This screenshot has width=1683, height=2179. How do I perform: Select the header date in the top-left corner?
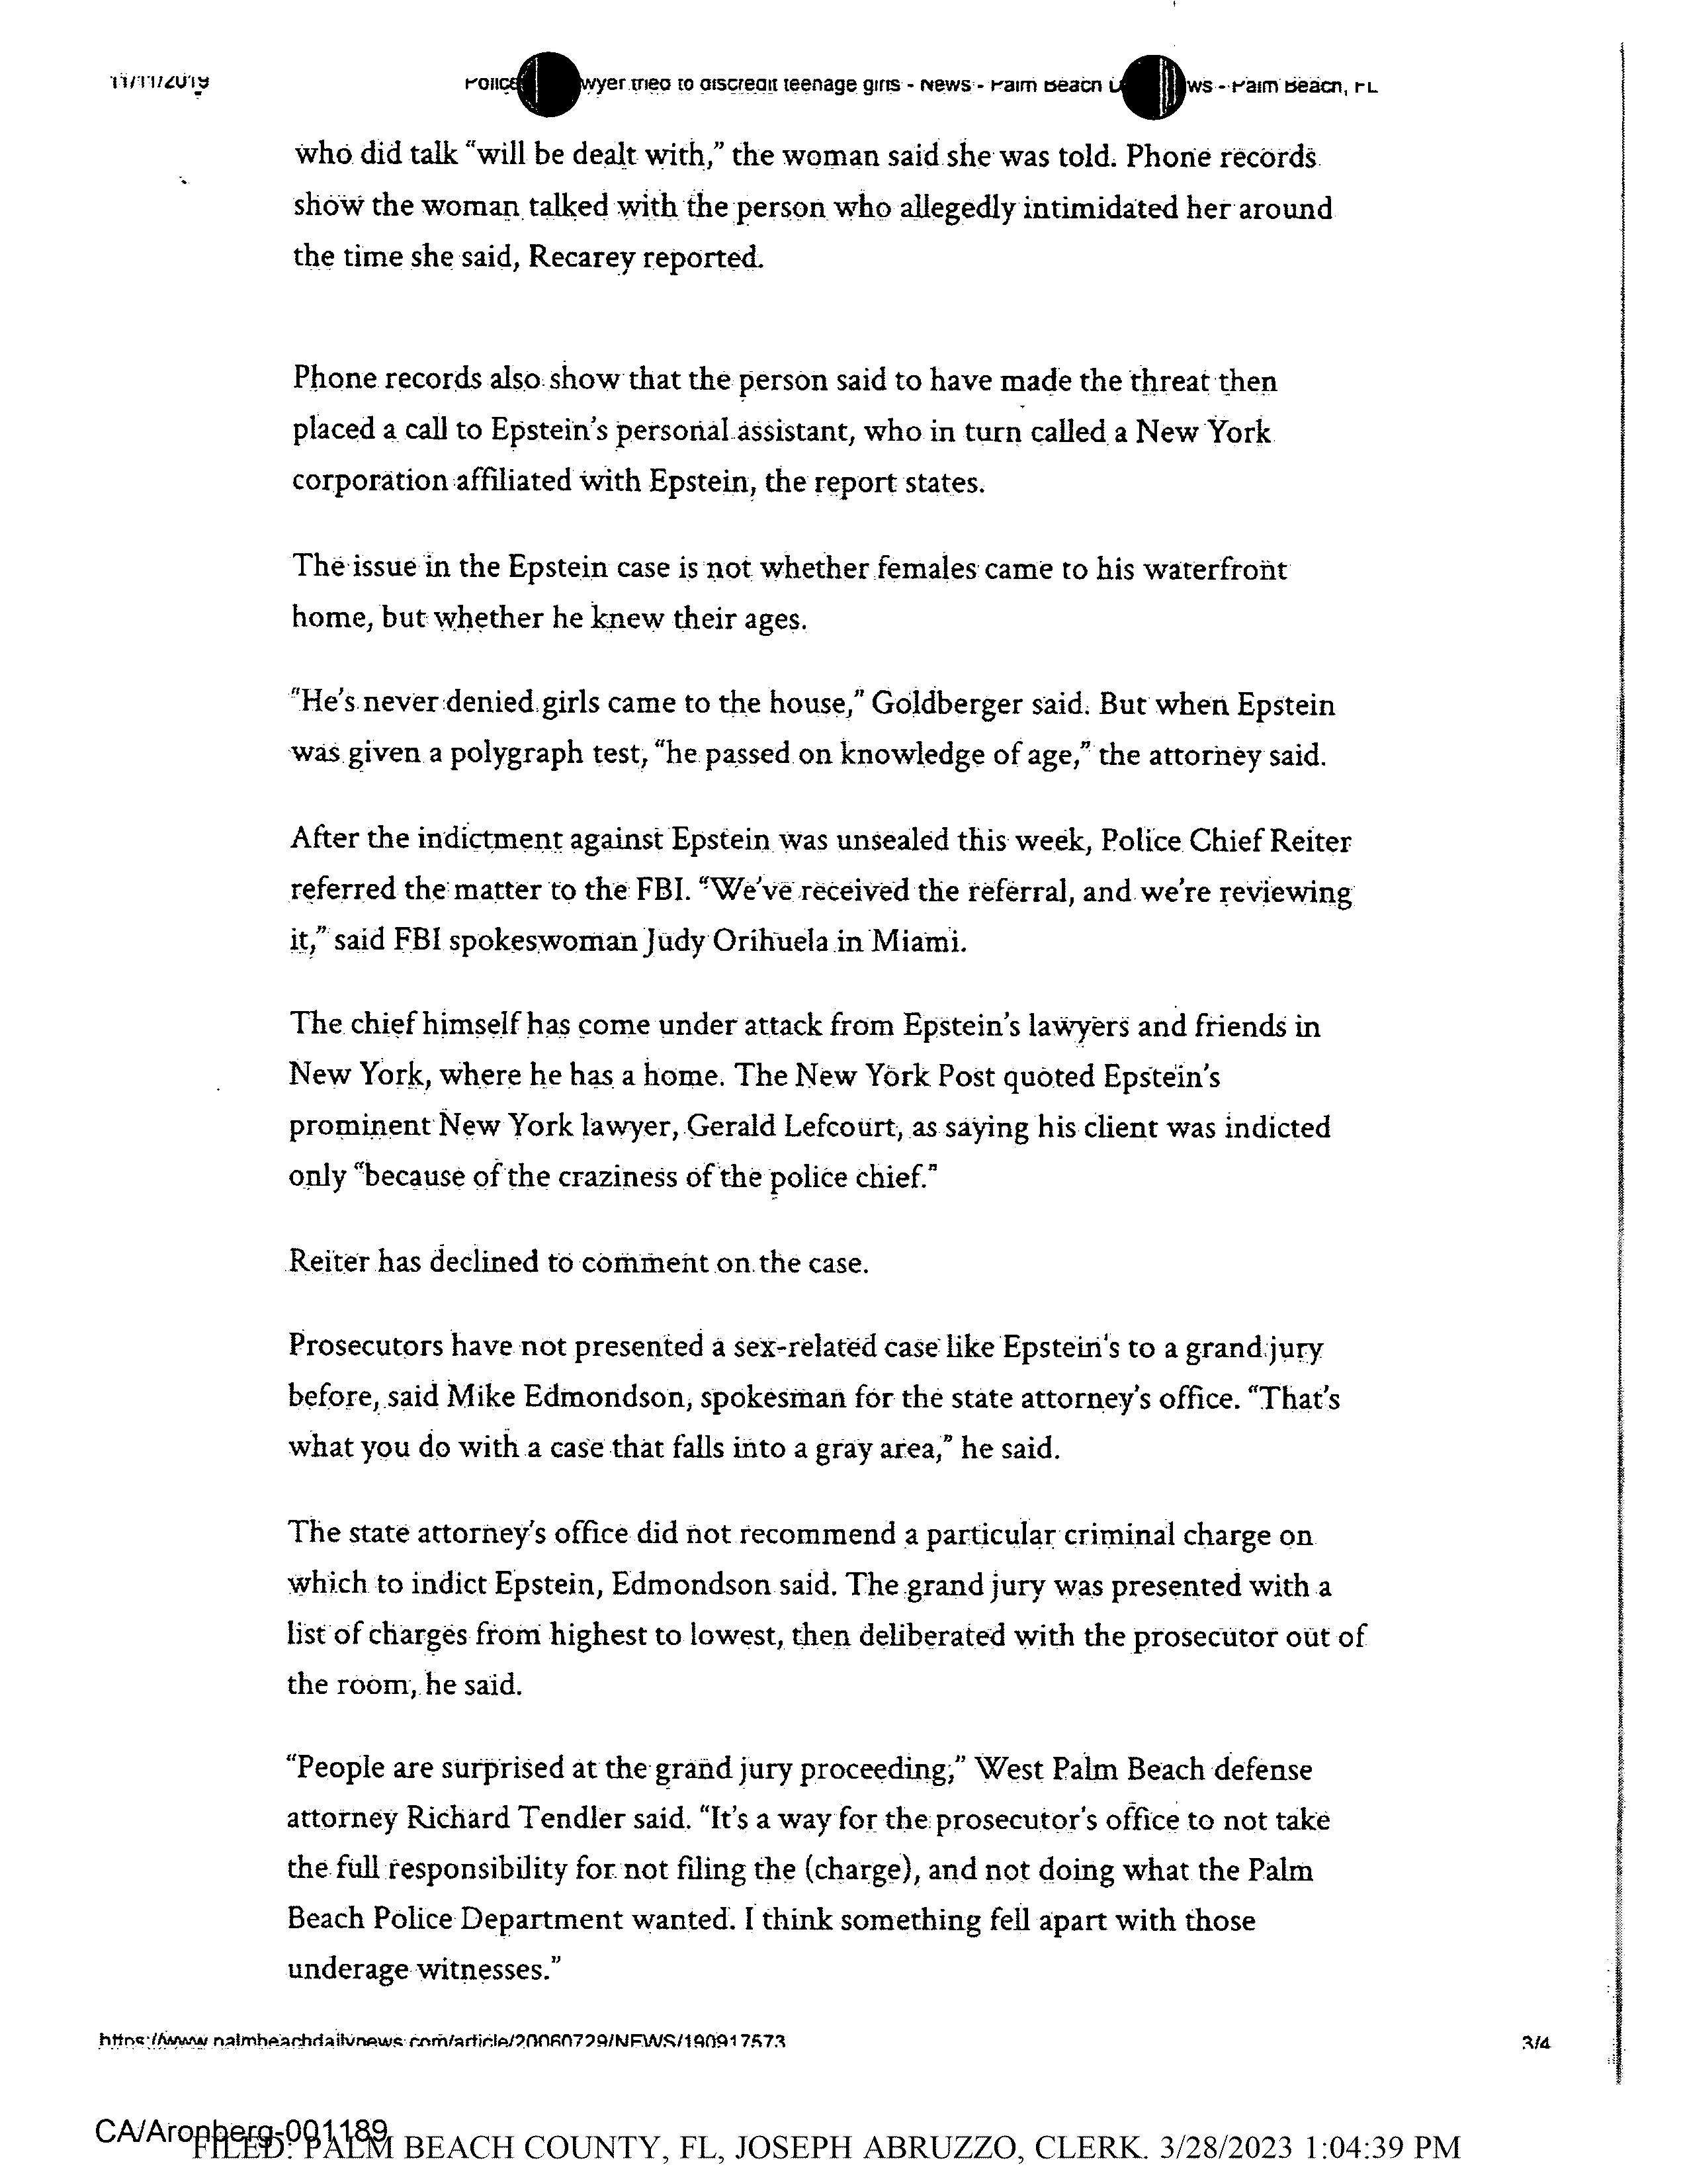click(x=159, y=82)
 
